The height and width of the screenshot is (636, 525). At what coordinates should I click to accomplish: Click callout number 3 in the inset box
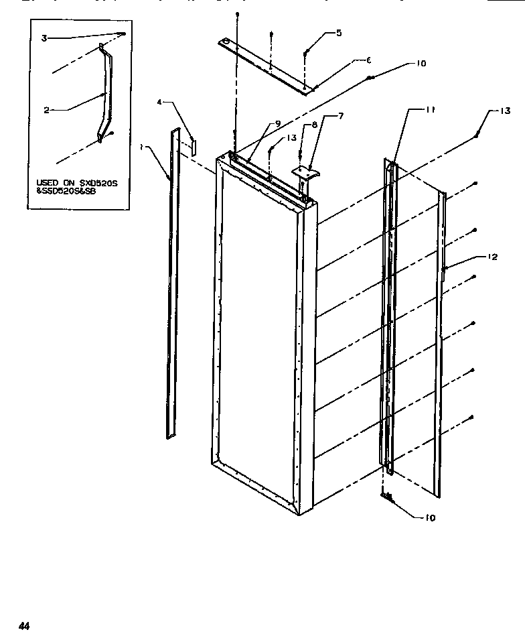point(44,38)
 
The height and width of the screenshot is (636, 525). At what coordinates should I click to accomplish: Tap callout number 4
point(159,102)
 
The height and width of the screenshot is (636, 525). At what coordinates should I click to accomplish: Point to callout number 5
point(339,33)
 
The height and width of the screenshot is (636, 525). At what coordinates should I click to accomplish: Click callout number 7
point(340,116)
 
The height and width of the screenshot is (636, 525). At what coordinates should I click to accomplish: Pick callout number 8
point(315,124)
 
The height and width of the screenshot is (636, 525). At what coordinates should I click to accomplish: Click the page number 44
point(25,626)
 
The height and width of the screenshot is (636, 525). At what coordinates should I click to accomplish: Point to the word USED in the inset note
point(47,182)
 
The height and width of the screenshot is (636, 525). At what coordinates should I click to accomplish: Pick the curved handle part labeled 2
point(105,94)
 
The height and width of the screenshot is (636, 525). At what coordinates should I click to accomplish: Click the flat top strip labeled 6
point(268,67)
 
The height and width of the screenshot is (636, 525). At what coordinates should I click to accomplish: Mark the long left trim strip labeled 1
point(172,281)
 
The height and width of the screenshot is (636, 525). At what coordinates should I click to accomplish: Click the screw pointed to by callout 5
point(305,53)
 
